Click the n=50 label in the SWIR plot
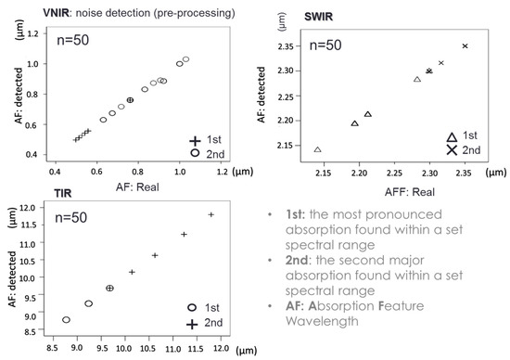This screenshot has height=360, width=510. click(327, 44)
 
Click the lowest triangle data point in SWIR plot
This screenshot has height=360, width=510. click(318, 149)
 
